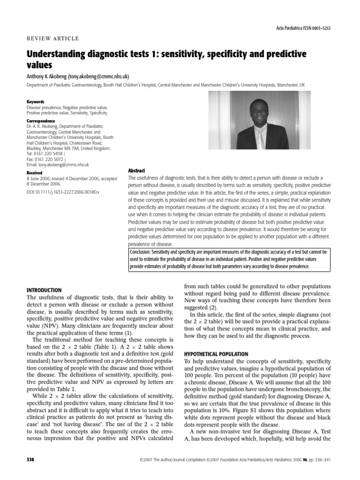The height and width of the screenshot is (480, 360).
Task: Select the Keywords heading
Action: click(35, 102)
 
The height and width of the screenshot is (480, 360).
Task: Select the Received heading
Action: click(34, 172)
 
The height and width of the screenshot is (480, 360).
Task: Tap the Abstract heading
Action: click(136, 171)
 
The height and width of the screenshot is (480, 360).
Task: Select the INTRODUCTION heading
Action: click(44, 291)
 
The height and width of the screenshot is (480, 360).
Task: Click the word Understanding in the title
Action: click(59, 54)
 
